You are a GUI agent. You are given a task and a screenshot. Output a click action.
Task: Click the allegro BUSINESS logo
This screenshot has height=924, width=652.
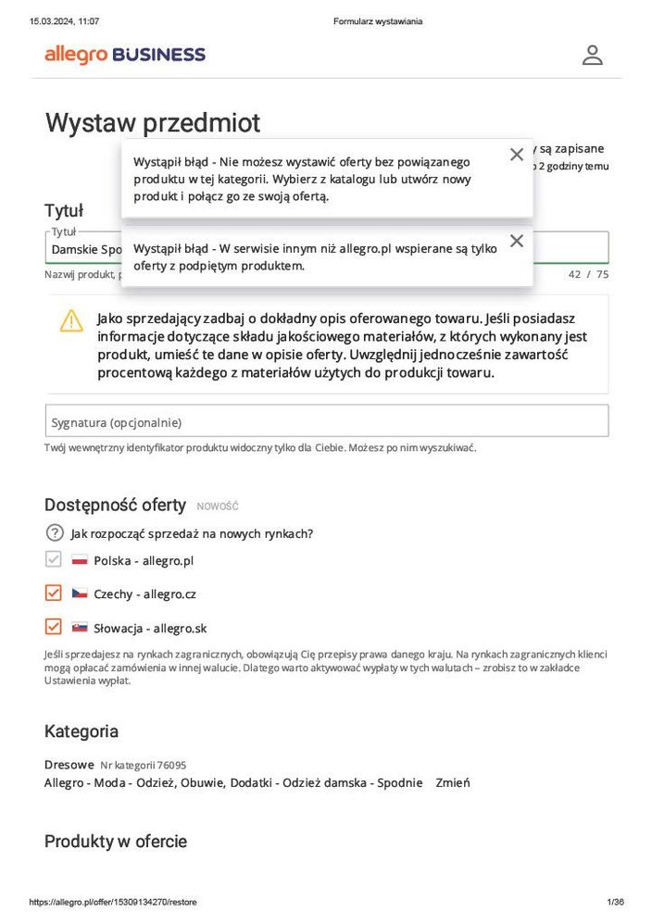[125, 55]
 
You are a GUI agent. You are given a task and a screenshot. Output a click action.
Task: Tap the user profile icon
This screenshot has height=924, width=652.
[592, 55]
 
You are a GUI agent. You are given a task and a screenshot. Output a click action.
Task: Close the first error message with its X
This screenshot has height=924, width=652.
[517, 155]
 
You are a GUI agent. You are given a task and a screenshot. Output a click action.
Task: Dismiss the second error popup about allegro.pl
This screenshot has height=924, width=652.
[517, 241]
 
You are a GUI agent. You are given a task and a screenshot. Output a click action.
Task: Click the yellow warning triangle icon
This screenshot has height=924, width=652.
[71, 320]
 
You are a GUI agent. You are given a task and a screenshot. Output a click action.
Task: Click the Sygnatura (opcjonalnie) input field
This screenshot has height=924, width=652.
[326, 421]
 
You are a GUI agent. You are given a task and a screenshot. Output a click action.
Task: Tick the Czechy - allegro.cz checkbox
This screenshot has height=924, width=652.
[54, 593]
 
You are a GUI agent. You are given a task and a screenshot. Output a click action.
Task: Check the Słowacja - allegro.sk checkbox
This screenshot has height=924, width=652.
[54, 627]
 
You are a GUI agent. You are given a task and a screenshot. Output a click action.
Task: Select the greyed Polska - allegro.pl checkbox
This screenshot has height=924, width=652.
[54, 559]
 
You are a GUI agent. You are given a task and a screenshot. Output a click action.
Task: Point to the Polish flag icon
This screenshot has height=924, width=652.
[80, 560]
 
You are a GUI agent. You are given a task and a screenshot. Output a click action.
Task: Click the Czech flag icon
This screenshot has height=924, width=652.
[80, 593]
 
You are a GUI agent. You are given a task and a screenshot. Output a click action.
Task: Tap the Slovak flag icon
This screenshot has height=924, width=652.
[80, 628]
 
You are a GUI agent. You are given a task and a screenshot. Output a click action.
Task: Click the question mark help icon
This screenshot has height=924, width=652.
[55, 533]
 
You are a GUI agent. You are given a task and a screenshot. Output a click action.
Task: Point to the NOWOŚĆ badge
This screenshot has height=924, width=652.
[218, 506]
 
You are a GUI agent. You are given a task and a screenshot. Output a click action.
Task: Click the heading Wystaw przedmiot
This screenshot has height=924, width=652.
[153, 123]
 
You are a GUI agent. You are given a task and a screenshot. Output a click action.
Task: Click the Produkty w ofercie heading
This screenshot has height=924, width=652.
[116, 842]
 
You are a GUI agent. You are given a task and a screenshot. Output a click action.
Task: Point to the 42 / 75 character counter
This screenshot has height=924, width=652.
[588, 274]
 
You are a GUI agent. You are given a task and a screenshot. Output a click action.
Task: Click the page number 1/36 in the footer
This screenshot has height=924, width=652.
[615, 902]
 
